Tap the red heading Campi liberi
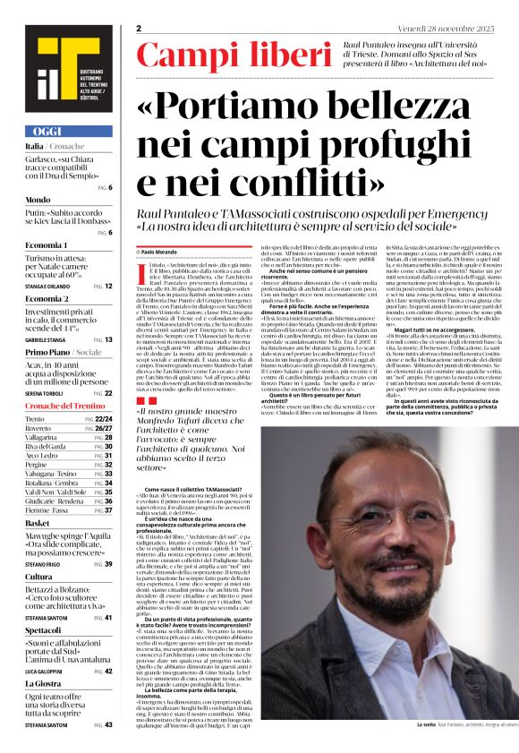220,56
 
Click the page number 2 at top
139,29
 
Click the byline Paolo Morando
160,253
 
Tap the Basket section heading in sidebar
38,522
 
